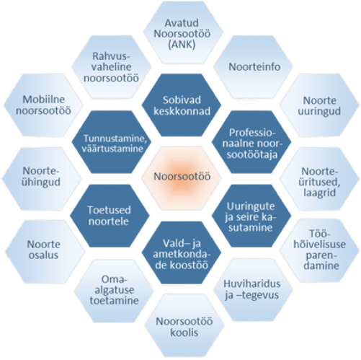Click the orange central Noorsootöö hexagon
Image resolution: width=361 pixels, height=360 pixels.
tap(182, 178)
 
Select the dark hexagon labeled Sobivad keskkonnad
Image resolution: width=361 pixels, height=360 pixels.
tap(182, 105)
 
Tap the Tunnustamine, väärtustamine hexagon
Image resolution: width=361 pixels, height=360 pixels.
tap(112, 142)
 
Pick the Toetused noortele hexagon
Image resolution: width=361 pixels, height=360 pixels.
tap(110, 216)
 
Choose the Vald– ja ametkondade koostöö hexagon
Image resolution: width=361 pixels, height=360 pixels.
tap(182, 253)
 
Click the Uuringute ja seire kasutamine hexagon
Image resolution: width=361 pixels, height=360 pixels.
tap(251, 216)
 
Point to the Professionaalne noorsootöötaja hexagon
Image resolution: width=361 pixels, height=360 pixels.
tap(251, 142)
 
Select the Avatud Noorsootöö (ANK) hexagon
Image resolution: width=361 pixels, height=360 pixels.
tap(183, 32)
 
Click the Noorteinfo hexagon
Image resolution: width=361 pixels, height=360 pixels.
tap(253, 67)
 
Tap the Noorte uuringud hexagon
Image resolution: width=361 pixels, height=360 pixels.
tap(319, 105)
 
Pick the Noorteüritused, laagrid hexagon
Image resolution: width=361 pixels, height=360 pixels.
tap(319, 179)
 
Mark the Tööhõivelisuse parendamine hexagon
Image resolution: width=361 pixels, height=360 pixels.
tap(320, 250)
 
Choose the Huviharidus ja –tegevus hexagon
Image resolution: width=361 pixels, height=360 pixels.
tap(253, 290)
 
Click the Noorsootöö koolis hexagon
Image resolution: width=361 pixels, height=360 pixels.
tap(184, 325)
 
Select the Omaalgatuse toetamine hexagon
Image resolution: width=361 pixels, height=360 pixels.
tap(114, 291)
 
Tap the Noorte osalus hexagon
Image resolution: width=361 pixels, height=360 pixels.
tap(45, 252)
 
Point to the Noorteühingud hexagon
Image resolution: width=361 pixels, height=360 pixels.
tap(42, 179)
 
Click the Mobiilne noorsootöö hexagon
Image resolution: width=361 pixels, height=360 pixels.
tap(43, 105)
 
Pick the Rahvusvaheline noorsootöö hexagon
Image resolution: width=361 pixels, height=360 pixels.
tap(112, 67)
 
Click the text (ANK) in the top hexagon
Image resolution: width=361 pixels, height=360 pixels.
tap(182, 45)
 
